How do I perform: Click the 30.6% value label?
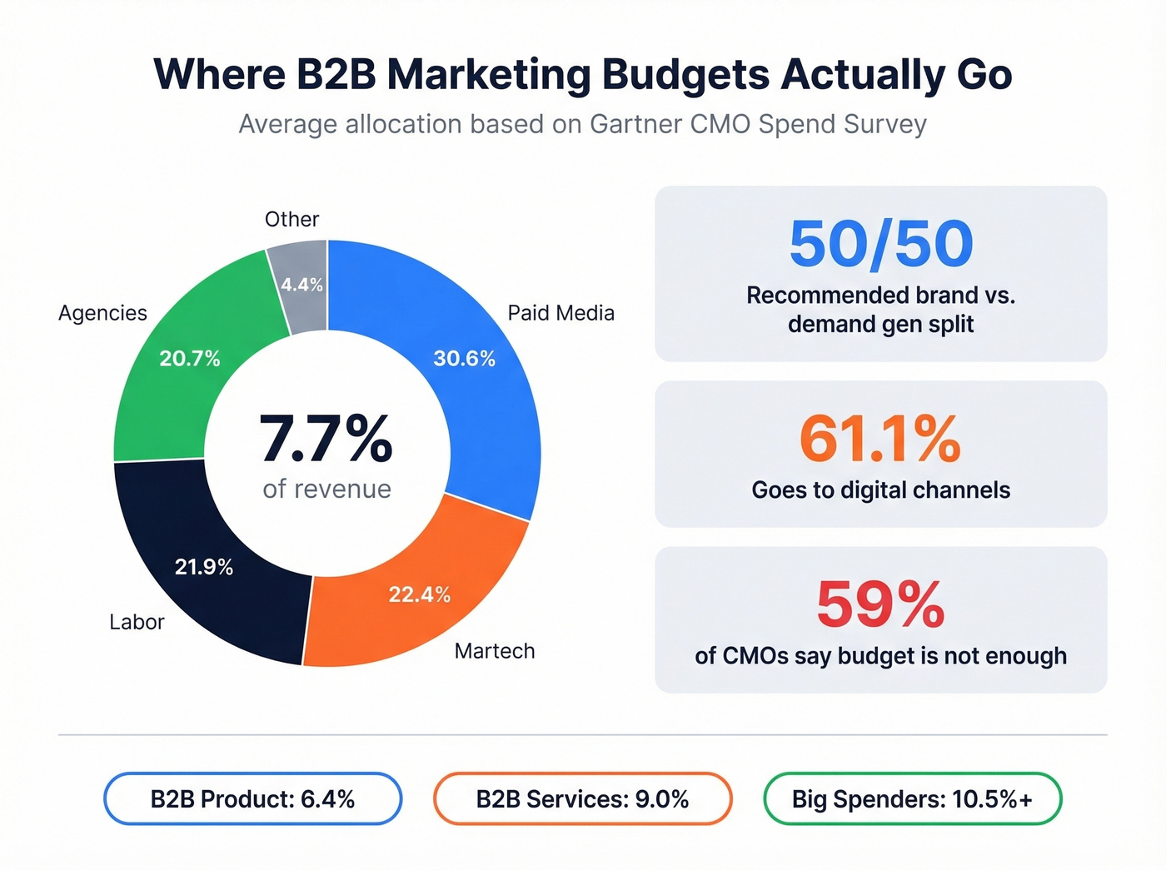tap(464, 359)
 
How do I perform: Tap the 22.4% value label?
tap(419, 594)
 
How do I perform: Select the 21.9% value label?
tap(203, 567)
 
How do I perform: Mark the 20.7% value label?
tap(190, 359)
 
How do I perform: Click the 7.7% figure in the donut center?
tap(326, 439)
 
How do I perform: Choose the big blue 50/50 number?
tap(880, 244)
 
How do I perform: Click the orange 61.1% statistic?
tap(880, 439)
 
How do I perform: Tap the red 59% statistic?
tap(880, 604)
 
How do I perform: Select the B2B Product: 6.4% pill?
tap(252, 799)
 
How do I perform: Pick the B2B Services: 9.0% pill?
tap(582, 799)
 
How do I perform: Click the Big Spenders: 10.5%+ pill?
tap(912, 799)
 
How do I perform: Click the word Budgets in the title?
tap(685, 74)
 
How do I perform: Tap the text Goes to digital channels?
tap(880, 490)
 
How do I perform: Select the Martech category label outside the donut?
tap(495, 651)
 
